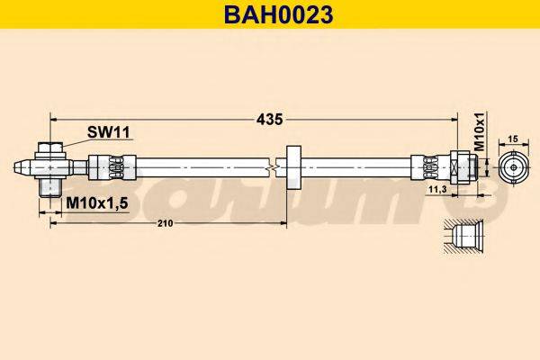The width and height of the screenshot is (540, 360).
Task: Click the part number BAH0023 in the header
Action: click(x=270, y=13)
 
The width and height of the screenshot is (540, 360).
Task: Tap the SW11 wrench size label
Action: click(x=109, y=132)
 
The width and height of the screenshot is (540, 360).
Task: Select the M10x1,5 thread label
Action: click(x=97, y=204)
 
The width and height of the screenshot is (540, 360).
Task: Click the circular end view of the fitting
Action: click(x=513, y=167)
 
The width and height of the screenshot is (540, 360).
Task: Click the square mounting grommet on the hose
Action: click(x=291, y=167)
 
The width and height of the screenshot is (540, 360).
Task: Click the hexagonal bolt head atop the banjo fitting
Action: click(x=50, y=148)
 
